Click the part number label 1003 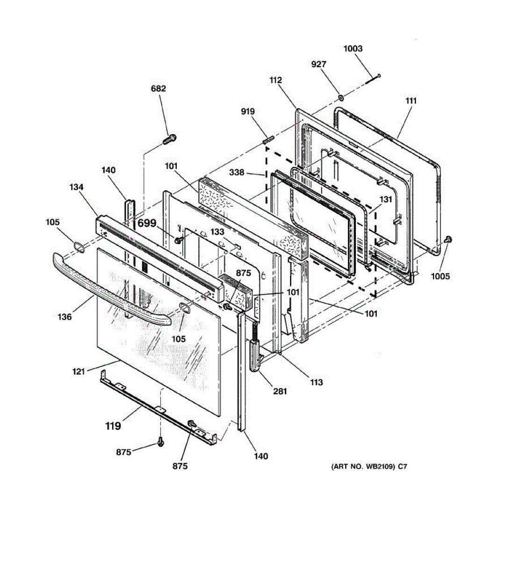(x=353, y=49)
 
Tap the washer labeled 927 (x=341, y=98)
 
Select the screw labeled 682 (x=170, y=139)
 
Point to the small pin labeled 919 (x=268, y=139)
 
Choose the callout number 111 (x=411, y=101)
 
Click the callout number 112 (x=275, y=80)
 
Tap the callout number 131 (x=385, y=199)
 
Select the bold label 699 (x=147, y=223)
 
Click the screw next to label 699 (x=178, y=240)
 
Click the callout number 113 (x=316, y=382)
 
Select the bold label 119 (x=113, y=426)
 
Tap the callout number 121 (x=79, y=371)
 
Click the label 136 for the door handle (x=65, y=317)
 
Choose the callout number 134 (x=76, y=187)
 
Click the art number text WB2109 (x=369, y=466)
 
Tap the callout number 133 (x=217, y=232)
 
